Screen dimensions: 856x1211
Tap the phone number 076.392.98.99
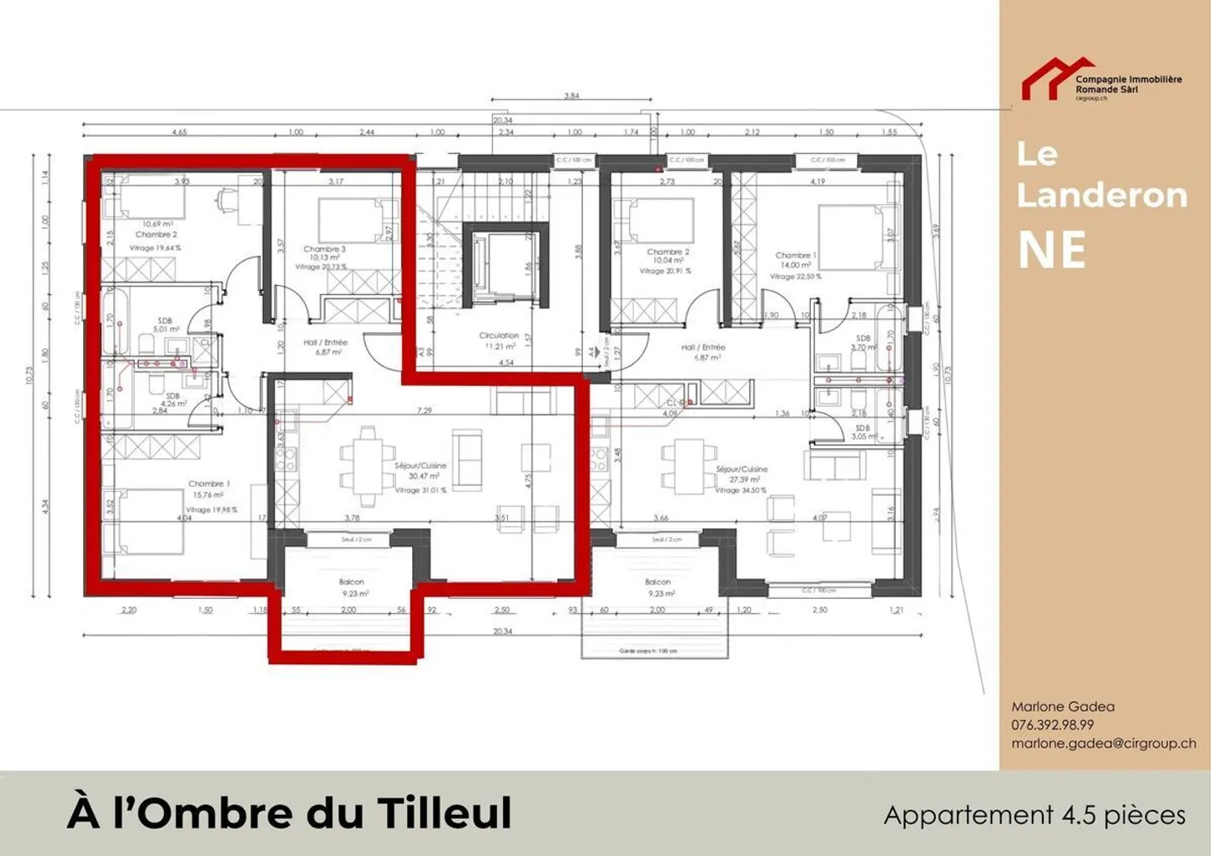coord(1052,725)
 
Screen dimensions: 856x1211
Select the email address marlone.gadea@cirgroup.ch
coord(1103,743)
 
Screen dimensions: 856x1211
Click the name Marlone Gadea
coord(1062,706)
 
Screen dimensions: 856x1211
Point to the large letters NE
coord(1052,250)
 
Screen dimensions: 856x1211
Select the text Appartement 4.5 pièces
coord(1034,815)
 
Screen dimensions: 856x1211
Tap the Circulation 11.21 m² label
coord(499,341)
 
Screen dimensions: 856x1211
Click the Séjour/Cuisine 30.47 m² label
coord(420,471)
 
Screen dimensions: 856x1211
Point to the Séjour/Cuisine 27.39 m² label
coord(741,474)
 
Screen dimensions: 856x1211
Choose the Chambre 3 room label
coord(325,250)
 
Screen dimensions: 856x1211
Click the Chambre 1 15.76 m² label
coord(209,489)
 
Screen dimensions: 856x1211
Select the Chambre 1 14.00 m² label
coord(795,260)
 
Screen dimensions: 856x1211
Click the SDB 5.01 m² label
coord(165,325)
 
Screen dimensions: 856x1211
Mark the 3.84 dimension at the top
coord(572,96)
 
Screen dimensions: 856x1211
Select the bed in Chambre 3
coord(352,220)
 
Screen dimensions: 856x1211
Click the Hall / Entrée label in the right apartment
coord(703,351)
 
